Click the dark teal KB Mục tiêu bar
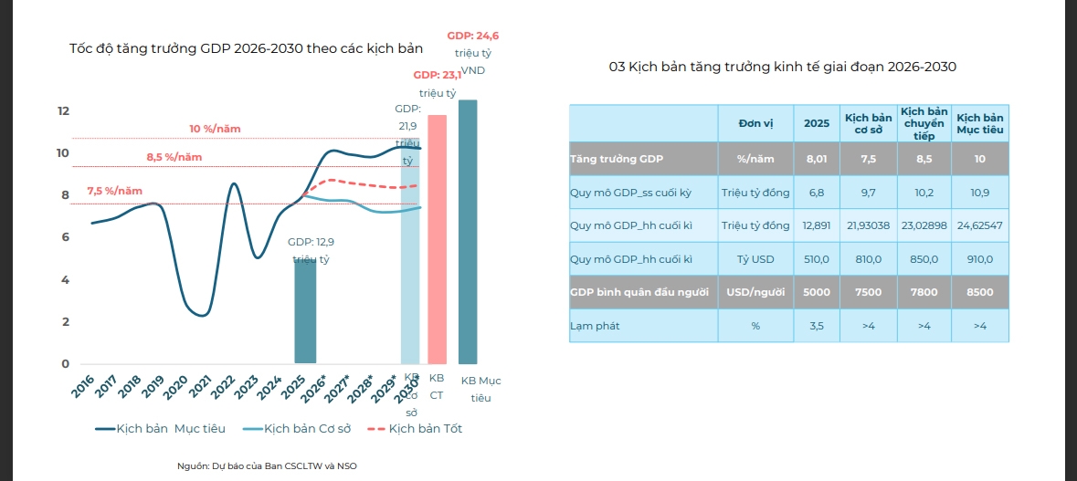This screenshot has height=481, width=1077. click(x=468, y=232)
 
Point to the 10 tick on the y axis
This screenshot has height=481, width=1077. click(x=63, y=153)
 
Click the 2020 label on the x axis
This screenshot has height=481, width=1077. click(x=176, y=387)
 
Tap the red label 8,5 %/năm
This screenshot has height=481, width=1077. click(x=174, y=157)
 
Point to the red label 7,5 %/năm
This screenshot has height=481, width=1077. click(x=115, y=191)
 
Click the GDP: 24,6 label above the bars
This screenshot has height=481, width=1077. click(x=472, y=36)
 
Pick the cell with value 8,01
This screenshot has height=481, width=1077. click(x=817, y=158)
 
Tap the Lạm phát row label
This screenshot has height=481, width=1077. click(x=594, y=326)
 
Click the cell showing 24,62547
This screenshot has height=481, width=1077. click(x=980, y=225)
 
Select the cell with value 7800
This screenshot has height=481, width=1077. click(x=924, y=292)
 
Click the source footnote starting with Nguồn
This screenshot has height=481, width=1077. click(x=268, y=465)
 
